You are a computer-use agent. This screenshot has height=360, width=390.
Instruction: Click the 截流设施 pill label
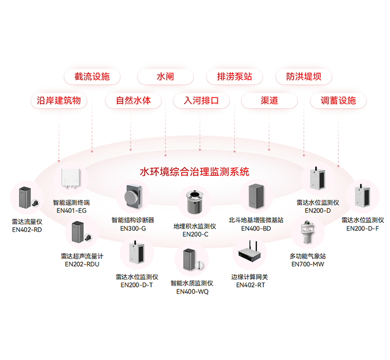pos(92,77)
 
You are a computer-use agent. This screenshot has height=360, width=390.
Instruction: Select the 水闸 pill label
pos(165,77)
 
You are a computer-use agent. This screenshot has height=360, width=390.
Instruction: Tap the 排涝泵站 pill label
pos(234,77)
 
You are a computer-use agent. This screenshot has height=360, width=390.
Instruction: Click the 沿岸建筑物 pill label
pos(59,101)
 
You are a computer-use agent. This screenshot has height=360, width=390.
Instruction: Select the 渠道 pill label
pos(269,101)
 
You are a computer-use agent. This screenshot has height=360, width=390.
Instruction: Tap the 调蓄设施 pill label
pos(338,101)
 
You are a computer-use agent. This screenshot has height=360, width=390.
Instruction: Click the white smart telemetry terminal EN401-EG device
pos(72,178)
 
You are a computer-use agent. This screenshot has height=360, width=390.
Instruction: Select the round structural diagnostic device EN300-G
pos(133,196)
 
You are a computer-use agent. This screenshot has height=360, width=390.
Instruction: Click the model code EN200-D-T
pos(136,285)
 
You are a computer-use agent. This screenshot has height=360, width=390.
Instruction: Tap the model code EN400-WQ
pos(192,291)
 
